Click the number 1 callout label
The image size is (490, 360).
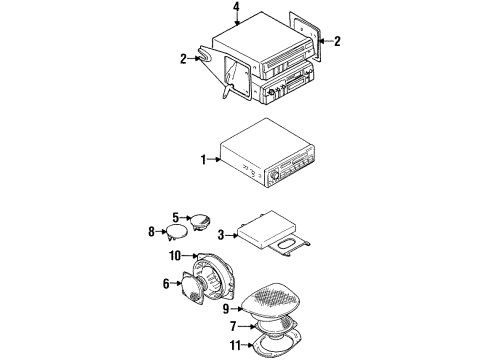point(204,159)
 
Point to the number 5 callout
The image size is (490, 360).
point(175,218)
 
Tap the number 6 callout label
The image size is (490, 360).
point(165,285)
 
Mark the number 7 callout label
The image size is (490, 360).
point(234,327)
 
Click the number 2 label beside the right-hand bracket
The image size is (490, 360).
point(337,41)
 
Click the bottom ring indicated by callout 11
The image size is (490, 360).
point(279,345)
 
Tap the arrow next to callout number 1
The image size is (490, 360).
point(216,159)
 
